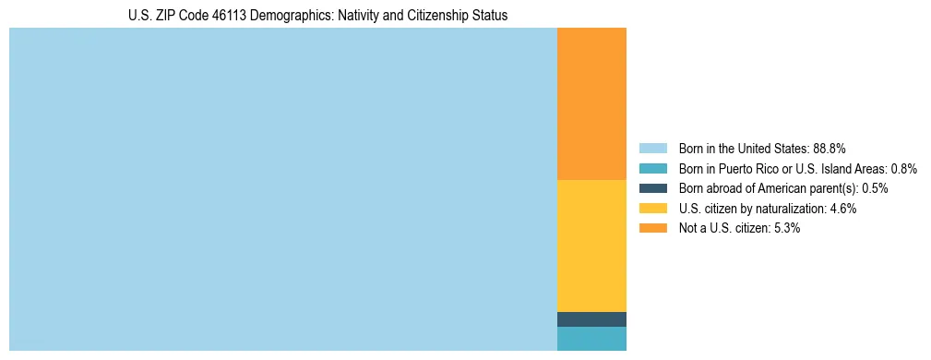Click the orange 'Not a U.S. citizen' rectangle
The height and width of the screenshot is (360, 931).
click(x=591, y=103)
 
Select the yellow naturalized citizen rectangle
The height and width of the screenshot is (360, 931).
click(x=591, y=246)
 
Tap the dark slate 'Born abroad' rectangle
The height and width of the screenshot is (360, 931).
click(x=591, y=319)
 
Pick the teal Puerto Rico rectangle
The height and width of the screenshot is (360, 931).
click(x=591, y=339)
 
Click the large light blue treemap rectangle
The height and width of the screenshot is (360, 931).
click(x=282, y=189)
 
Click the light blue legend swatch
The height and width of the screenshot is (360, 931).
click(x=652, y=148)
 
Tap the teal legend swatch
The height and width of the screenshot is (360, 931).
click(x=652, y=168)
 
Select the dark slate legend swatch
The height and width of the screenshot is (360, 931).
click(x=652, y=188)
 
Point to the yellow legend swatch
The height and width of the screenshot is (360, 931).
click(x=652, y=209)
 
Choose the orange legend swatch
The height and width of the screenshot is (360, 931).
click(x=652, y=228)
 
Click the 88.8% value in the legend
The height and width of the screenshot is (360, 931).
click(x=830, y=148)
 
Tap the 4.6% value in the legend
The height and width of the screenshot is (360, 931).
click(x=843, y=209)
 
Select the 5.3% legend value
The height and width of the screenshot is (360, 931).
click(x=787, y=228)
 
